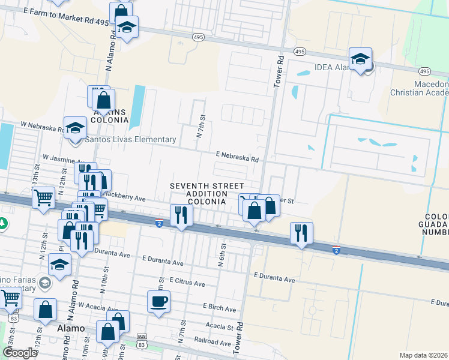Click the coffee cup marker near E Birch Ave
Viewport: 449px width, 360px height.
[159, 302]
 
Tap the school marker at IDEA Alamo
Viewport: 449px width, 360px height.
[360, 60]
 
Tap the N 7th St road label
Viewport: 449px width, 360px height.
[202, 127]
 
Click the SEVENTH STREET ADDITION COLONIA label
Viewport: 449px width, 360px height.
[198, 194]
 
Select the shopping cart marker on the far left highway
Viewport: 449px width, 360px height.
[44, 198]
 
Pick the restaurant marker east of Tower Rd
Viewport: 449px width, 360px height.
[301, 233]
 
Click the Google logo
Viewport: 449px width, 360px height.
[20, 352]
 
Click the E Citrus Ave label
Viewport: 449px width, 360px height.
[187, 281]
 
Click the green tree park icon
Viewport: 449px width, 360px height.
[4, 223]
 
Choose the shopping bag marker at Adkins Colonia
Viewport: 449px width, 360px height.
[103, 101]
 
